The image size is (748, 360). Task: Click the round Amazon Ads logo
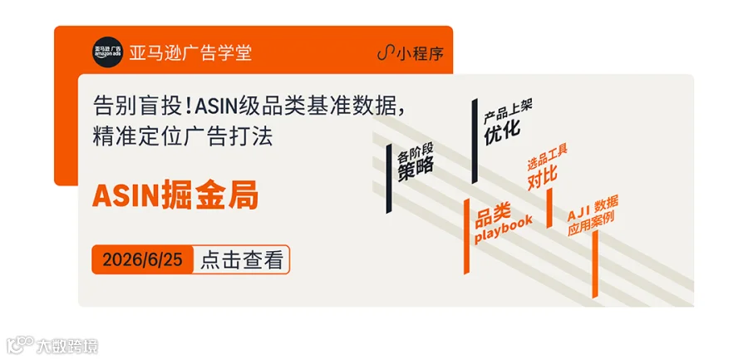coord(107,52)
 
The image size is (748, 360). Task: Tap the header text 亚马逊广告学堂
coord(190,52)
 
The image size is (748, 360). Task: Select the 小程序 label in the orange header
coord(420,54)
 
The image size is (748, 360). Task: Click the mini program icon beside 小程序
coord(386,54)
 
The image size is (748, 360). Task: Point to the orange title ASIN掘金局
coord(175,195)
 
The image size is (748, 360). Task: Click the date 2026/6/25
coord(143,260)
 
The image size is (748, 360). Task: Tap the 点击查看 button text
coord(241,260)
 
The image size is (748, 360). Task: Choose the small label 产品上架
coord(508,111)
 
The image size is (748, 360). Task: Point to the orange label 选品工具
coord(547,159)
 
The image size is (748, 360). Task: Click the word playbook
coord(504,229)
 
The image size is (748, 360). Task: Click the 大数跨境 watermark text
coord(66,346)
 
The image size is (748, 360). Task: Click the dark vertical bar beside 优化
coord(475,141)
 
